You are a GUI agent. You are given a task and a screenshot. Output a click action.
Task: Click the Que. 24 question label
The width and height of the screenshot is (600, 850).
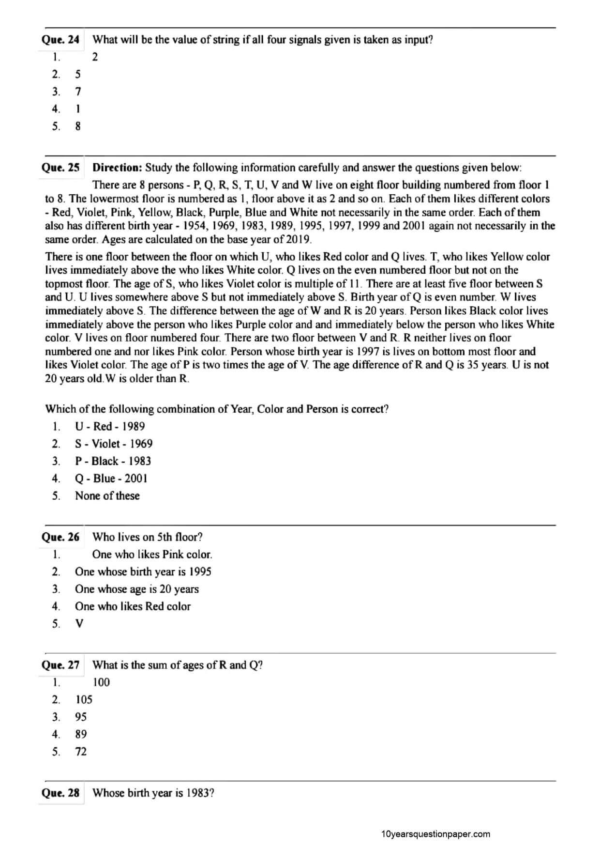pos(60,40)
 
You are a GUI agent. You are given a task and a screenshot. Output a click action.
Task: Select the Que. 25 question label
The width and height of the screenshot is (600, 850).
pos(60,168)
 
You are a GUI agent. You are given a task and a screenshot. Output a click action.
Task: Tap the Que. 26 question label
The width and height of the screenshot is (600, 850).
pos(60,537)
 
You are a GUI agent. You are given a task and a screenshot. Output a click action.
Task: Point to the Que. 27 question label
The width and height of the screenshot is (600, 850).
pos(60,665)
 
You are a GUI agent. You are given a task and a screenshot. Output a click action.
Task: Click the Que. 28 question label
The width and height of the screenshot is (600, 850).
pos(60,793)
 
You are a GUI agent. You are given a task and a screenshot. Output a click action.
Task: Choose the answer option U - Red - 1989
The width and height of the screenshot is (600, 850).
pos(110,426)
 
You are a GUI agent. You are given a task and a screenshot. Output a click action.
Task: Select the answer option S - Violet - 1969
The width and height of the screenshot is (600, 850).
pos(114,444)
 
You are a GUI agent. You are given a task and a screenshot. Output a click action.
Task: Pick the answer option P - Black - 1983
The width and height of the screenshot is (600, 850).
pos(113,461)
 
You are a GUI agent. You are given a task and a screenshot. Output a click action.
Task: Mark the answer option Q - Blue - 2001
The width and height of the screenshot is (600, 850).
pos(111,479)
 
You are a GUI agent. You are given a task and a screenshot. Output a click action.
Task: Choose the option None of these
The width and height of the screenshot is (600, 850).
pos(107,496)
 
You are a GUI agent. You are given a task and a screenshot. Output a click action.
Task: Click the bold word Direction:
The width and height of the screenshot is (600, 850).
pos(117,168)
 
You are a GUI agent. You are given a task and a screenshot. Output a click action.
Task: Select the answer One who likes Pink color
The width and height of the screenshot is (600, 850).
pos(152,555)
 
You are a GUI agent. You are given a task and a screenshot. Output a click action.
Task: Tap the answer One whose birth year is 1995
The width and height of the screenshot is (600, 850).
pos(143,572)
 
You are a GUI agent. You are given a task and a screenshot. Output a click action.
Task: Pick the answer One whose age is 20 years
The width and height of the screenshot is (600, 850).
pos(136,589)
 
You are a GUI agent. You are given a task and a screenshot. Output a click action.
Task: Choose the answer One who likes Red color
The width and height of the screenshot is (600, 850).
pos(133,606)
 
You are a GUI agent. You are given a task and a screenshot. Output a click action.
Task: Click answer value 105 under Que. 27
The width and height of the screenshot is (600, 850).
pos(84,699)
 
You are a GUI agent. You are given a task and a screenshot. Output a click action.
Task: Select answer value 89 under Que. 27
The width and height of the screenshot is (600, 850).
pos(81,734)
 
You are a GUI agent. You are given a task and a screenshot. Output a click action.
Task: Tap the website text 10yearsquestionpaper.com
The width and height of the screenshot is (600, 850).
pos(435,834)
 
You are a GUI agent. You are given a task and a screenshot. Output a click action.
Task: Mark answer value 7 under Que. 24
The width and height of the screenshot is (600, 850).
pos(78,92)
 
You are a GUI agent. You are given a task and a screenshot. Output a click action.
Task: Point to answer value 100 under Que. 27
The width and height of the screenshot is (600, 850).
pos(101,682)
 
